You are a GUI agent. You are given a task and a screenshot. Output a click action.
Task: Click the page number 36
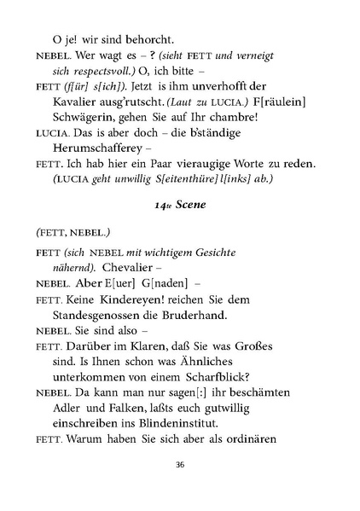(179, 465)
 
